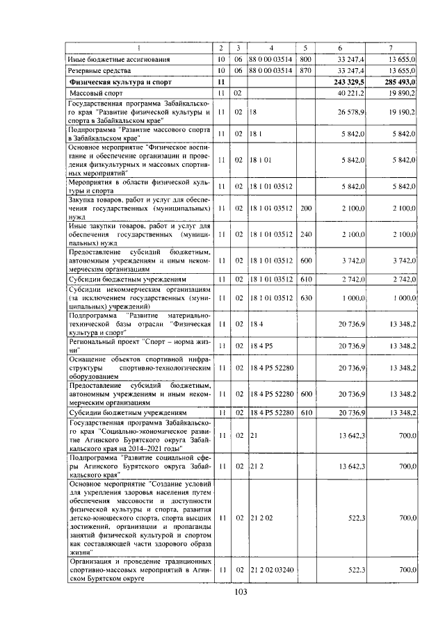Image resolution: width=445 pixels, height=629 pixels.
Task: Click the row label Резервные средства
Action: tap(97, 71)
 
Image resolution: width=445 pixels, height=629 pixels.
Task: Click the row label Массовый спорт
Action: tap(97, 93)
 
